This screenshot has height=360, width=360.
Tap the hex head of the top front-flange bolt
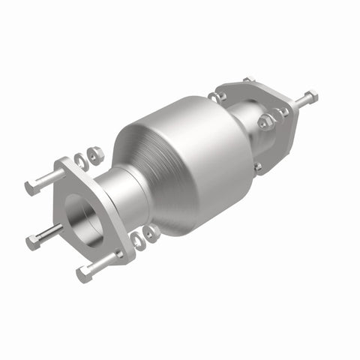31,187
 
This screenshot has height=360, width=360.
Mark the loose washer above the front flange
95,154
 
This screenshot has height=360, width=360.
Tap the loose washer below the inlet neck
151,233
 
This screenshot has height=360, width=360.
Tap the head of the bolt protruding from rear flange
310,96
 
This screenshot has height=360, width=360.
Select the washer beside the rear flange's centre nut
283,112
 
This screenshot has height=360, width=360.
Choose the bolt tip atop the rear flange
248,79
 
